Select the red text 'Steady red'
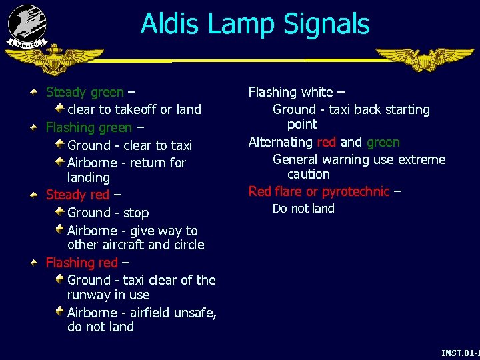(77, 195)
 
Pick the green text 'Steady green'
(84, 92)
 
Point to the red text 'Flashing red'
(81, 263)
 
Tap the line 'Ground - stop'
(108, 213)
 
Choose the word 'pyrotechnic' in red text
(355, 192)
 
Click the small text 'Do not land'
(303, 209)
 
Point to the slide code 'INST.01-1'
(460, 352)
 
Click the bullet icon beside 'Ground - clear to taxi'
(59, 144)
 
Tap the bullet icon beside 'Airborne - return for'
(59, 161)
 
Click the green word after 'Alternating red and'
(383, 142)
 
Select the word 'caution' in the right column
(308, 175)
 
